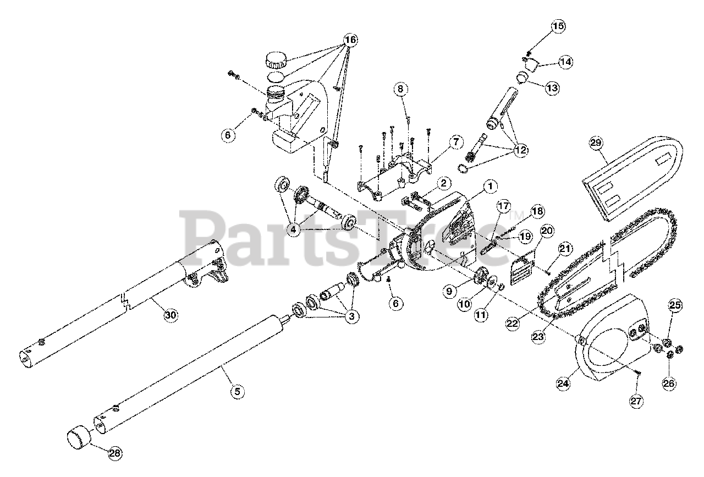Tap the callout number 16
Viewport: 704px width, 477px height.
pyautogui.click(x=350, y=40)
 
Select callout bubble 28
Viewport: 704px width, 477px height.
pyautogui.click(x=114, y=453)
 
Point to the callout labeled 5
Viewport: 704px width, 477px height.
pyautogui.click(x=237, y=392)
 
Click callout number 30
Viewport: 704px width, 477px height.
pyautogui.click(x=171, y=315)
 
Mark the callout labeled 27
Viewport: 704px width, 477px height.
pyautogui.click(x=636, y=402)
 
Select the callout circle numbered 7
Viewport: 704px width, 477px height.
pyautogui.click(x=455, y=142)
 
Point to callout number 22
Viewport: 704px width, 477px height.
pyautogui.click(x=513, y=324)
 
